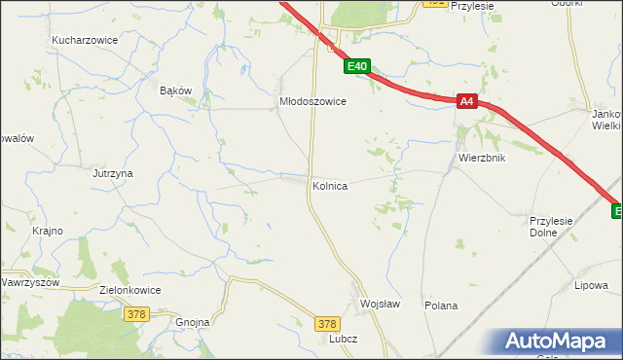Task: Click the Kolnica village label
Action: [x=330, y=185]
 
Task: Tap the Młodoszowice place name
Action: [x=312, y=100]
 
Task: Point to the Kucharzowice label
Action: [x=85, y=41]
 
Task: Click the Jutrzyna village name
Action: [x=112, y=173]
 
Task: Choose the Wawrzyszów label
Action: [x=30, y=282]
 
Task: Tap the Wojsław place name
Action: [x=380, y=304]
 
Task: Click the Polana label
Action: [x=441, y=306]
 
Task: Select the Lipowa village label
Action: [x=591, y=285]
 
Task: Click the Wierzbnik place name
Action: [x=481, y=158]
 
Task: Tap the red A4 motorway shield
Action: [x=466, y=101]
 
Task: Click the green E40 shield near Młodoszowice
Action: [x=357, y=66]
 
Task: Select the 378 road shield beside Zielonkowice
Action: [x=136, y=313]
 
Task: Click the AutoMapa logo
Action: [x=559, y=342]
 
